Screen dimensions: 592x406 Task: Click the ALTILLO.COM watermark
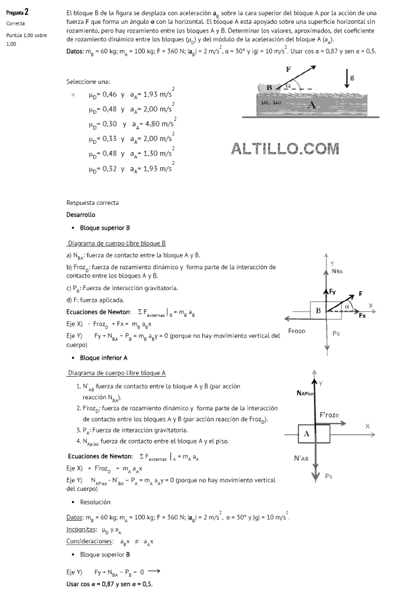(285, 149)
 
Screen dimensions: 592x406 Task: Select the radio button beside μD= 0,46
(72, 94)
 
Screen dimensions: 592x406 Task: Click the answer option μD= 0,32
(131, 169)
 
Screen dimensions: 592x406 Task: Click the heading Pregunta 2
(17, 12)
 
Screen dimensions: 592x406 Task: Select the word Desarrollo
(81, 215)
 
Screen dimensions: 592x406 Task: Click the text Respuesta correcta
(93, 203)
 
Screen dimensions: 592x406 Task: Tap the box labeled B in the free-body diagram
(318, 311)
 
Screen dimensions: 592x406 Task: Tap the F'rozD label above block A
(333, 415)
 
